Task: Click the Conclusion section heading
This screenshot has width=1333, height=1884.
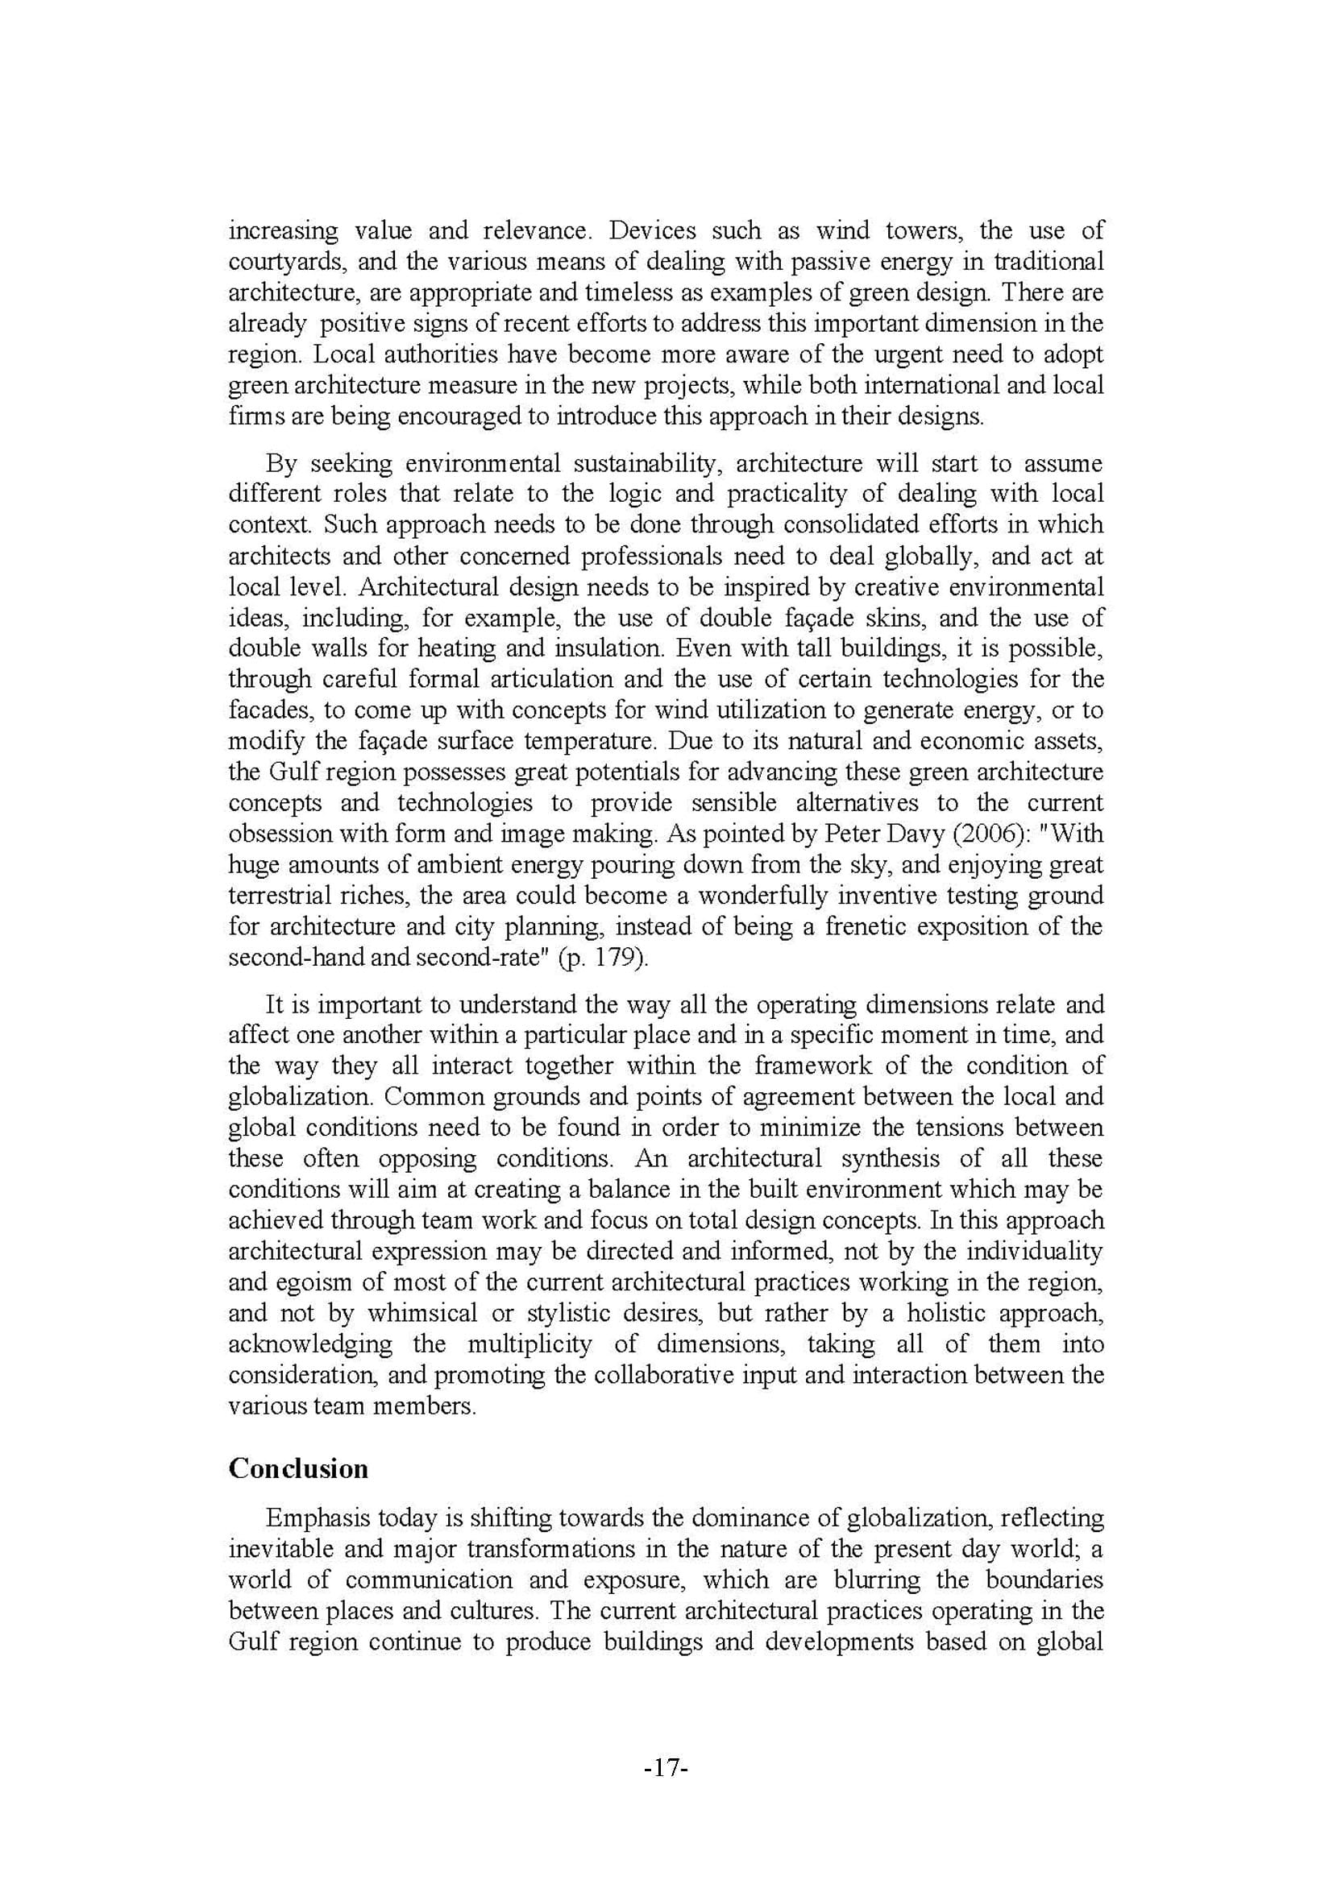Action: tap(298, 1468)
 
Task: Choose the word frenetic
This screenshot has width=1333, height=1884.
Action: tap(863, 926)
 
